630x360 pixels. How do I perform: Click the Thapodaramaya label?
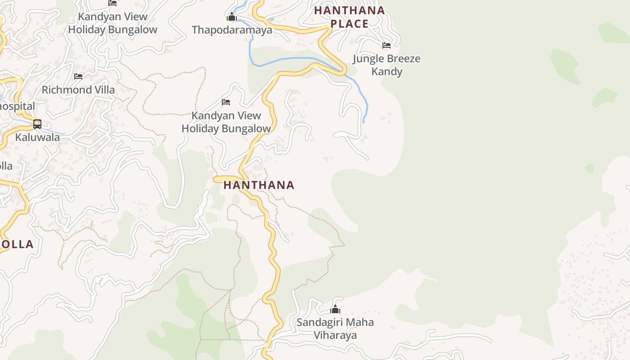(232, 30)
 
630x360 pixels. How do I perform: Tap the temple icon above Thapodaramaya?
(232, 18)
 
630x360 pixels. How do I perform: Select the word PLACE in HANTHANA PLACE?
(350, 24)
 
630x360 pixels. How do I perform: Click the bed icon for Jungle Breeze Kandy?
(387, 45)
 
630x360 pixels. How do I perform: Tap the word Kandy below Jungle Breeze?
(387, 72)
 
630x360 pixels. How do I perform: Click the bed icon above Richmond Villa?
(78, 76)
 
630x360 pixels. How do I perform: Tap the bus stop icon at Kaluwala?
(37, 124)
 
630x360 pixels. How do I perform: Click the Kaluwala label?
(37, 137)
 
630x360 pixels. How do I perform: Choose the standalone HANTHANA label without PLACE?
(259, 185)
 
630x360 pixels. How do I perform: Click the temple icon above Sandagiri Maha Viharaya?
(335, 309)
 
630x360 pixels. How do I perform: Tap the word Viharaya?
(335, 335)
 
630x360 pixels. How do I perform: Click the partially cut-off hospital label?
(17, 107)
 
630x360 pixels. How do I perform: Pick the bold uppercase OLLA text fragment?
(17, 244)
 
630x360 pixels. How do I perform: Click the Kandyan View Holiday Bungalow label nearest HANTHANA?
(226, 122)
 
